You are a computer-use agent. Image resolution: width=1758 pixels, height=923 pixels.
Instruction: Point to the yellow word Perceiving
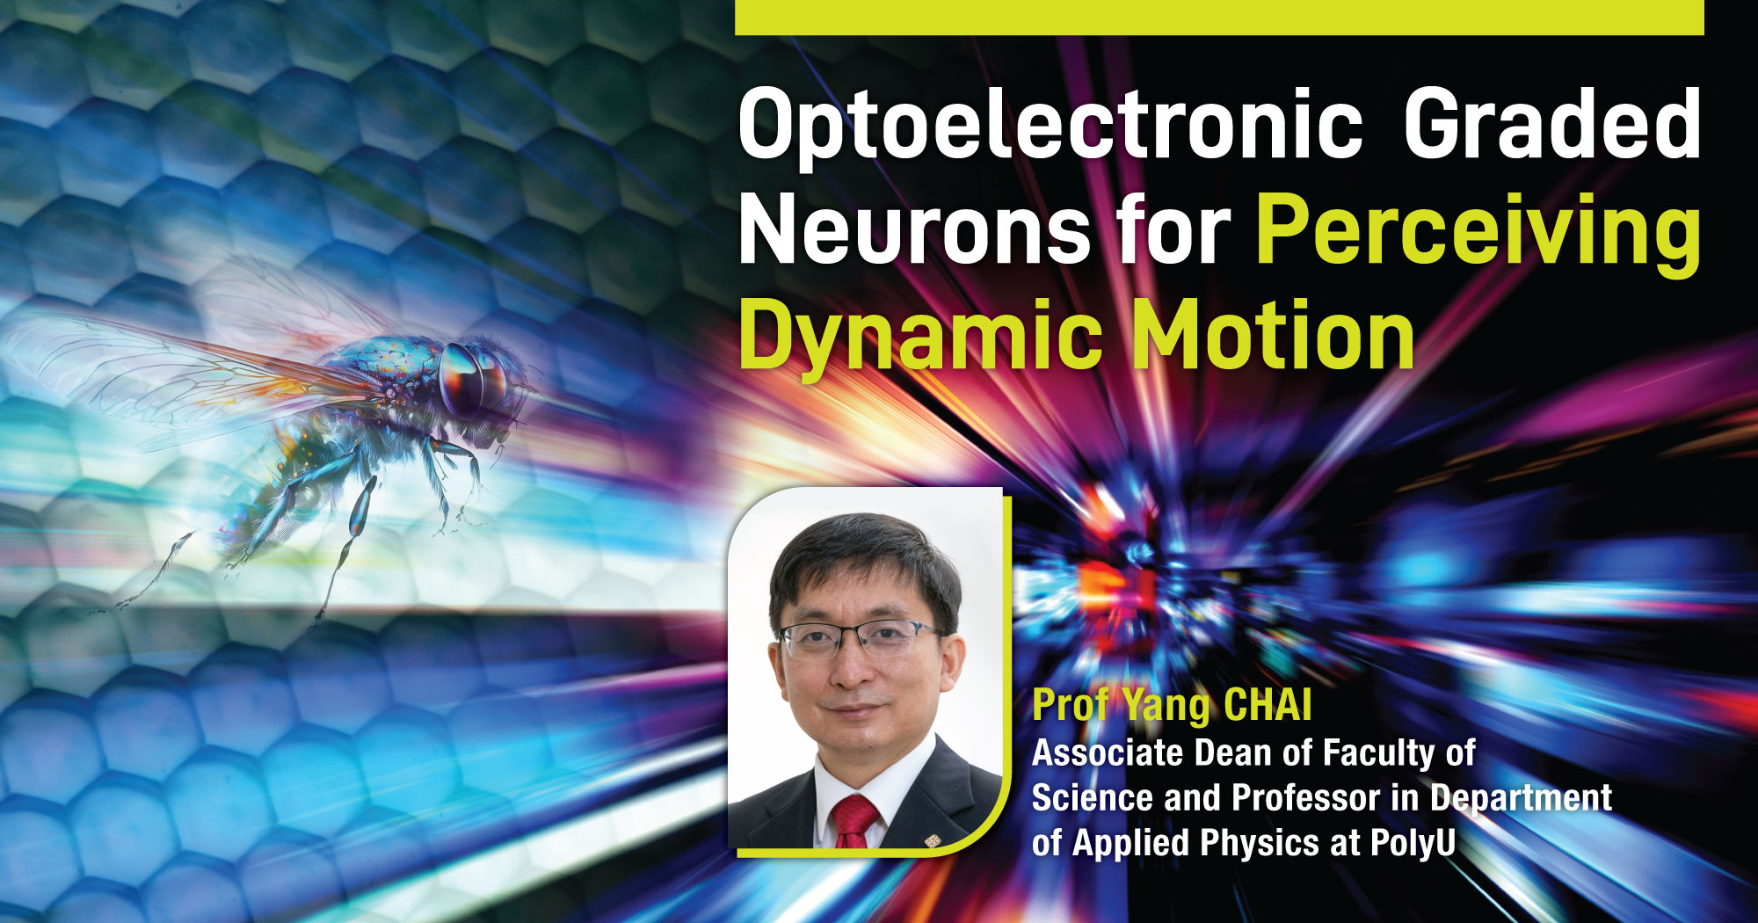[1477, 230]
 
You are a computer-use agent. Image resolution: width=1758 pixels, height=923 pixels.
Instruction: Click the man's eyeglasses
[857, 638]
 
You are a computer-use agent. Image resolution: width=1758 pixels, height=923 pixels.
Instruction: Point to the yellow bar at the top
[1218, 17]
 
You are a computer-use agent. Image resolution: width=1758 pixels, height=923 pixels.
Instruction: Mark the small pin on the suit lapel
[933, 841]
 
